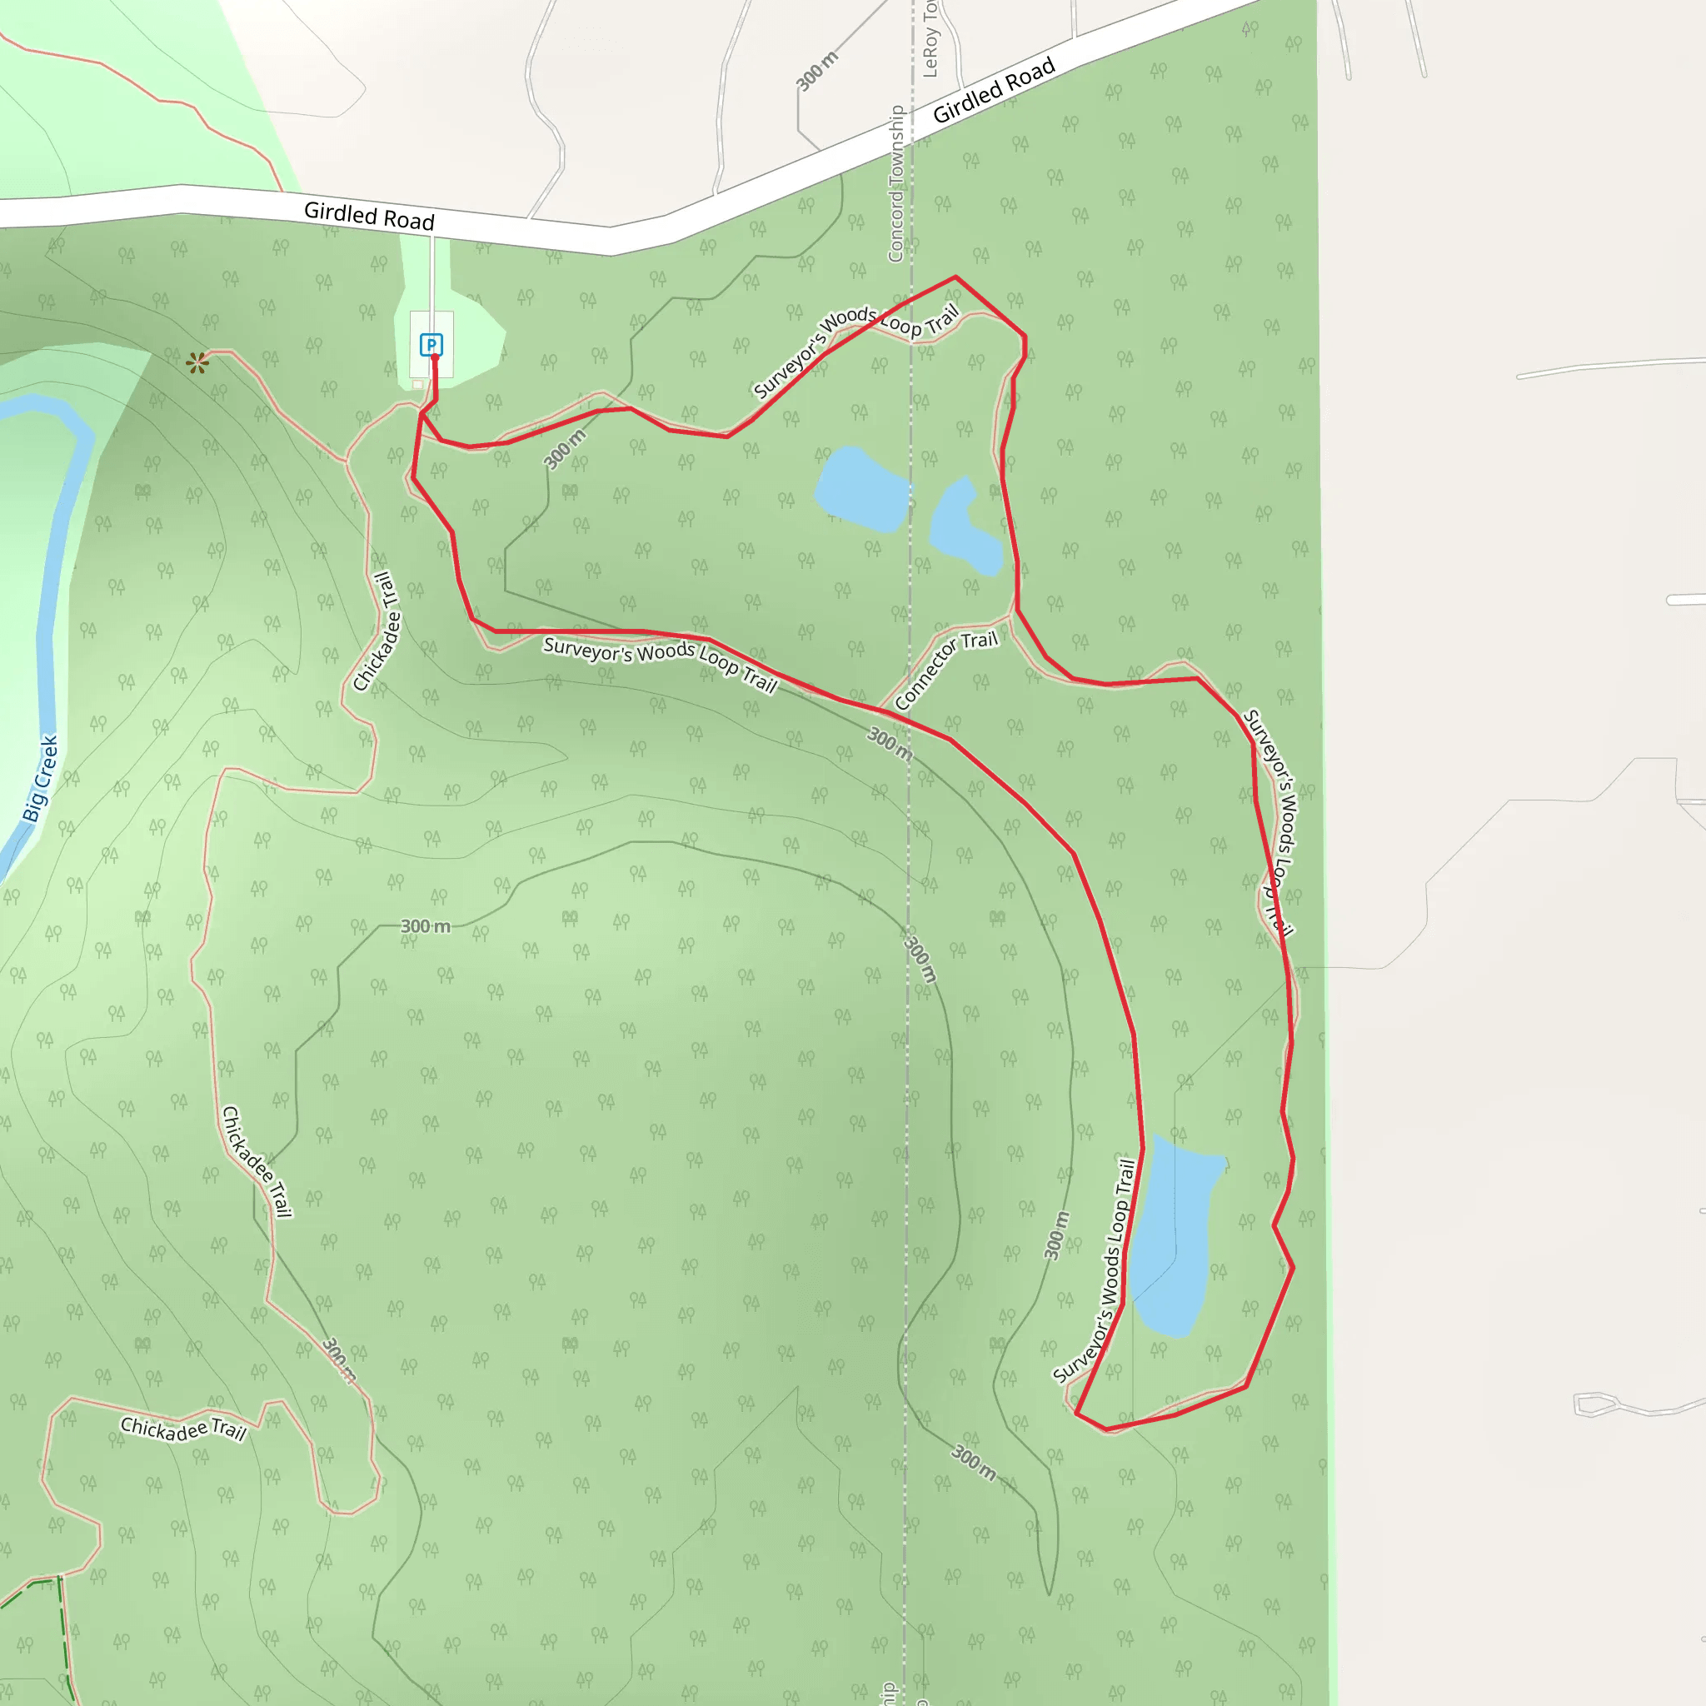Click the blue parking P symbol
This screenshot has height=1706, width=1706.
[431, 344]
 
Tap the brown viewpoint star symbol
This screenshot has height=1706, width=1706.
[197, 362]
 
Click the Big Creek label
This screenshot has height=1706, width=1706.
[41, 778]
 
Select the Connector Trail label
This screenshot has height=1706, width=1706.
[945, 670]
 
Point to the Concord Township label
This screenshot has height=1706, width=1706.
[896, 183]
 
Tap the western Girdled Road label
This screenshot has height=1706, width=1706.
[369, 216]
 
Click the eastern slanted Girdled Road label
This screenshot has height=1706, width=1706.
[994, 90]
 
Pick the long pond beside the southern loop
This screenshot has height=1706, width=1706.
[1175, 1236]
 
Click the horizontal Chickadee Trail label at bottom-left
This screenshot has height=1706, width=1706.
[182, 1428]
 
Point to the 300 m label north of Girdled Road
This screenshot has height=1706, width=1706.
[817, 71]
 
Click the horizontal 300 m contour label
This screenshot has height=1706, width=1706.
[425, 926]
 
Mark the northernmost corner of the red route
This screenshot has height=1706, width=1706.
[955, 277]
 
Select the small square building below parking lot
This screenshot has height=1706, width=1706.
[417, 385]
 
